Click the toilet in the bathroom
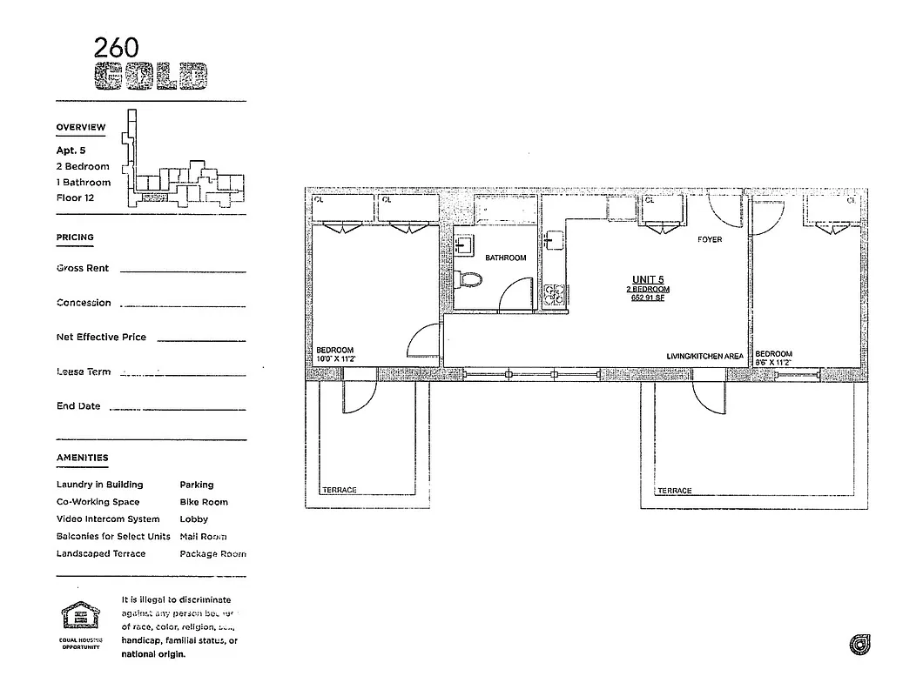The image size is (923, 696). pos(470,280)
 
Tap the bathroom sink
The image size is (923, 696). pos(464,244)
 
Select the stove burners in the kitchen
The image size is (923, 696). pos(554,295)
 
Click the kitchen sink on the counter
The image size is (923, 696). pos(553,241)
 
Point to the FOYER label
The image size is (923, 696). pos(710,239)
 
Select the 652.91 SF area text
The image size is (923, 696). pos(648,298)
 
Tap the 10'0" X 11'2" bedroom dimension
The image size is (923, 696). pos(335,359)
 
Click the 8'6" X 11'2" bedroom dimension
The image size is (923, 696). pos(773,363)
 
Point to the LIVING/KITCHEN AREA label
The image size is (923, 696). pos(704,357)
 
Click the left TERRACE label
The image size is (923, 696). pos(339,490)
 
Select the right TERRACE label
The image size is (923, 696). pos(675,491)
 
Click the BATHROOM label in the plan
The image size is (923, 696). pos(505,258)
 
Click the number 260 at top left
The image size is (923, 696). pos(116,47)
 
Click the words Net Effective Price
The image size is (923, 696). pos(101,338)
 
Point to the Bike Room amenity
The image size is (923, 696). pos(204,502)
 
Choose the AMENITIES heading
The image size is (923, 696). pos(83,458)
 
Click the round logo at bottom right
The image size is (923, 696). pos(859,645)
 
